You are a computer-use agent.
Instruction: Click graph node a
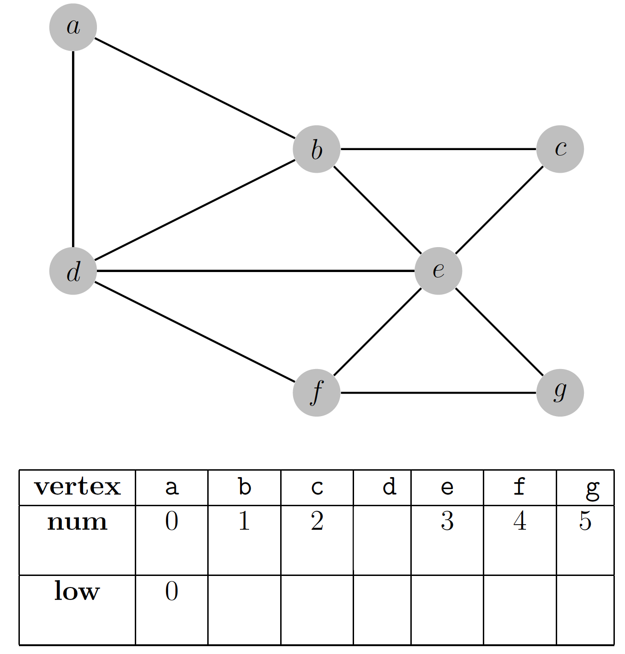[73, 27]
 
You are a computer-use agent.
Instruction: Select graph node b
[317, 149]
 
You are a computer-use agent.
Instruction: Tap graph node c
[560, 149]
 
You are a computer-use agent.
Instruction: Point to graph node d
[73, 271]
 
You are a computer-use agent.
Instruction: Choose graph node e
[438, 271]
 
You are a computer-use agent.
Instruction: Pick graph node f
[317, 393]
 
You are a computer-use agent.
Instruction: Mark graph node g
[560, 393]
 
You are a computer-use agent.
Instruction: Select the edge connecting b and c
[439, 149]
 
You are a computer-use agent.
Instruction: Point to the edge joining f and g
[439, 393]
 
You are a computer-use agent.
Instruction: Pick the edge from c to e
[499, 210]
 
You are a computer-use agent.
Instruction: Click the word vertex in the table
[77, 487]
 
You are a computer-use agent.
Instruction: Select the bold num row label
[77, 522]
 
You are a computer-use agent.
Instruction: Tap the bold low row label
[77, 591]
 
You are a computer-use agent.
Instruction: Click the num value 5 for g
[585, 521]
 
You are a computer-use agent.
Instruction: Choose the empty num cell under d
[382, 540]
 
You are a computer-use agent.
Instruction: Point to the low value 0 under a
[171, 591]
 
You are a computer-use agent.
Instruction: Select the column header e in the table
[447, 487]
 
